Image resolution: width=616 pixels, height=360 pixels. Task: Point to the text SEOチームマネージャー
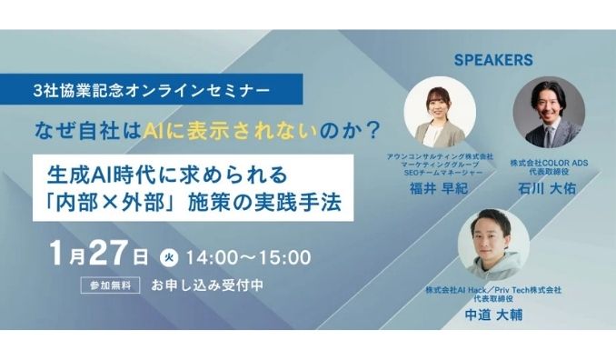[x=437, y=171]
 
